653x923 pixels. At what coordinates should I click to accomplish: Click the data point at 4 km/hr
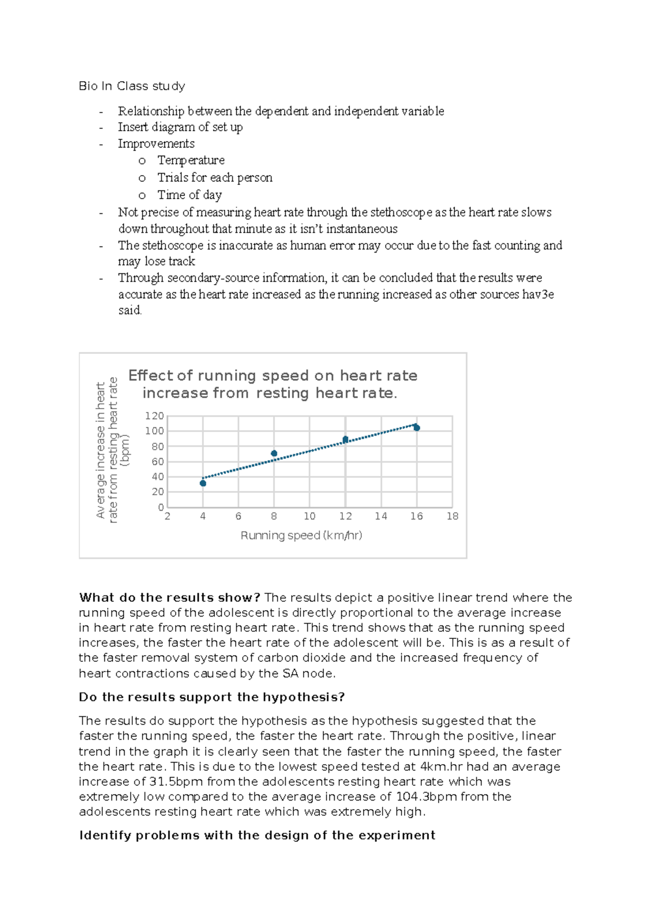[x=203, y=483]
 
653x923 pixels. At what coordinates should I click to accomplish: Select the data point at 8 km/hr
[x=274, y=453]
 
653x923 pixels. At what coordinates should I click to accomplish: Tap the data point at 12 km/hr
[x=346, y=439]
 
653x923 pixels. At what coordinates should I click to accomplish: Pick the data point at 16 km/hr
[x=417, y=428]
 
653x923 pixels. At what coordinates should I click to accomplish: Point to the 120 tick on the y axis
[x=154, y=416]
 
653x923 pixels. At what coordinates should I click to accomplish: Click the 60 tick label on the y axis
[x=158, y=461]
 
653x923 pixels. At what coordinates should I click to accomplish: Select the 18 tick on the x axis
[x=452, y=516]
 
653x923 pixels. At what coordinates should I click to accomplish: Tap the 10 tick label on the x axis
[x=310, y=516]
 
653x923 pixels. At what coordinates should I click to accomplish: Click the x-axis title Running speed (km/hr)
[x=301, y=536]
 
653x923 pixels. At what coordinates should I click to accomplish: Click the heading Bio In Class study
[x=132, y=86]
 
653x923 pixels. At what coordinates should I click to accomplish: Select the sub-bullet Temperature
[x=191, y=161]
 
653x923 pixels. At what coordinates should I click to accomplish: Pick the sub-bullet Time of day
[x=189, y=195]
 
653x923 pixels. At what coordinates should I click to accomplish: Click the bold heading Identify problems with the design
[x=257, y=835]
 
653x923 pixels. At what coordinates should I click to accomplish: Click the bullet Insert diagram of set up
[x=180, y=127]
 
